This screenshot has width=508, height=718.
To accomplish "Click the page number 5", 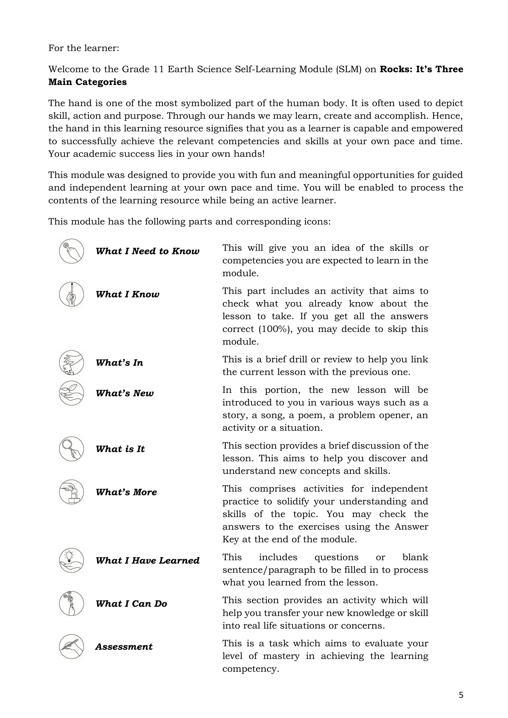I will pos(461,695).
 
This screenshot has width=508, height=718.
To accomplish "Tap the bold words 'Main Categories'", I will pos(87,82).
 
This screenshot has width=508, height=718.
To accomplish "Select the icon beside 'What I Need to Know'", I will pos(71,251).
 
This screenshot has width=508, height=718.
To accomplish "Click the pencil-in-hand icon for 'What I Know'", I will pos(71,294).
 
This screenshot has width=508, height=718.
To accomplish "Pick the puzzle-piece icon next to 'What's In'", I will pos(71,362).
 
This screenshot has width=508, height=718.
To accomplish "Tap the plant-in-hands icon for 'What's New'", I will pos(71,393).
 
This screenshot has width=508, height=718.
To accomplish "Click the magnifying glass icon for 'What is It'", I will pos(71,449).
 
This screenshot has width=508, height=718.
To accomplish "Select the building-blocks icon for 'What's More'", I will pos(71,492).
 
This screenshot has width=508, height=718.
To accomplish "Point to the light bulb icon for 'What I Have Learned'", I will pos(71,560).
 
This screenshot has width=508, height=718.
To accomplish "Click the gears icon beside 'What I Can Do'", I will pos(71,603).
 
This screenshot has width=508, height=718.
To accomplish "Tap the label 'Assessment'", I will pos(124,646).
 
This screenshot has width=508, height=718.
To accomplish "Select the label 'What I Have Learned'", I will pos(147,560).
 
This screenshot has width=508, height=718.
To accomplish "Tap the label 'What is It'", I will pos(120,449).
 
